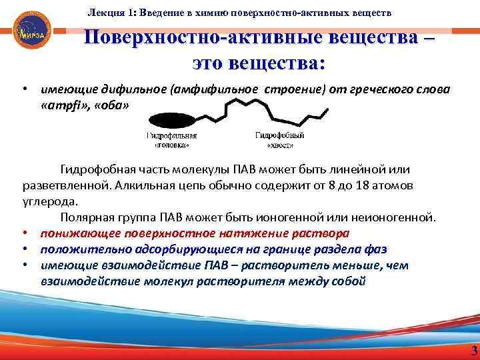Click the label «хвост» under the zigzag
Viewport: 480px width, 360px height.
pos(279,143)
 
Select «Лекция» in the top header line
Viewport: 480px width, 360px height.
pos(105,13)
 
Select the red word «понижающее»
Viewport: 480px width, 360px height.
pos(74,233)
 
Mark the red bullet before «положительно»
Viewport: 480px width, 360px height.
pos(23,249)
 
